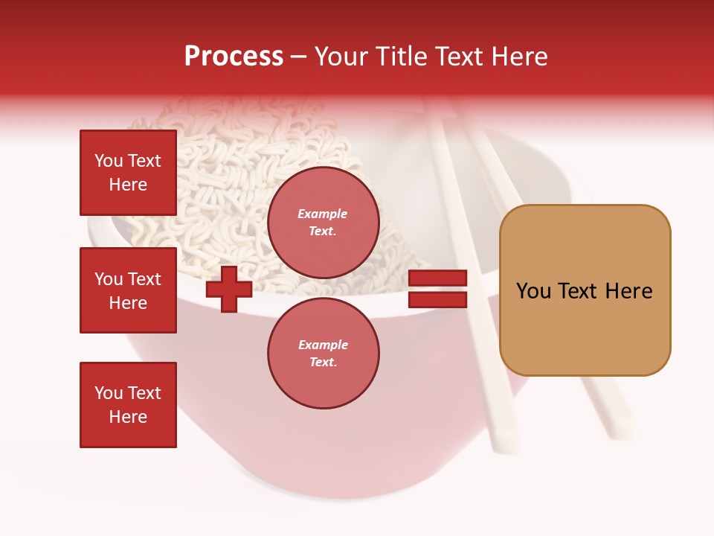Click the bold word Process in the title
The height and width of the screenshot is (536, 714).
(234, 57)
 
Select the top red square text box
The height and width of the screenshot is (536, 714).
(128, 173)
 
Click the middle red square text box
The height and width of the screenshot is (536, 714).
(128, 290)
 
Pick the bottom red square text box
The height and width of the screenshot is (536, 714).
(128, 405)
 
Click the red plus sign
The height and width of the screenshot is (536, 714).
(229, 290)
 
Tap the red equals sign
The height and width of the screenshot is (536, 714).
(438, 290)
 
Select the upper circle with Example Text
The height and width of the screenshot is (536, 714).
(323, 223)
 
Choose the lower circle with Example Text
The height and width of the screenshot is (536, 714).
(323, 354)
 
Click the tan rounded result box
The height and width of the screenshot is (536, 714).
(585, 290)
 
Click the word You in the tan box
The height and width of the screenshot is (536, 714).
(533, 291)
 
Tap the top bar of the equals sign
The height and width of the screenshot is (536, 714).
(438, 278)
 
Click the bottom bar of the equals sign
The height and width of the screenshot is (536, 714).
(438, 300)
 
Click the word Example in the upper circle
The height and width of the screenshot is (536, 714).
(323, 214)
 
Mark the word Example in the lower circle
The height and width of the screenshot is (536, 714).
(323, 345)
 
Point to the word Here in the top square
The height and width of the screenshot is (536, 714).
(128, 185)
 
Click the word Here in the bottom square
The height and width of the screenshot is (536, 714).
(128, 417)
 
